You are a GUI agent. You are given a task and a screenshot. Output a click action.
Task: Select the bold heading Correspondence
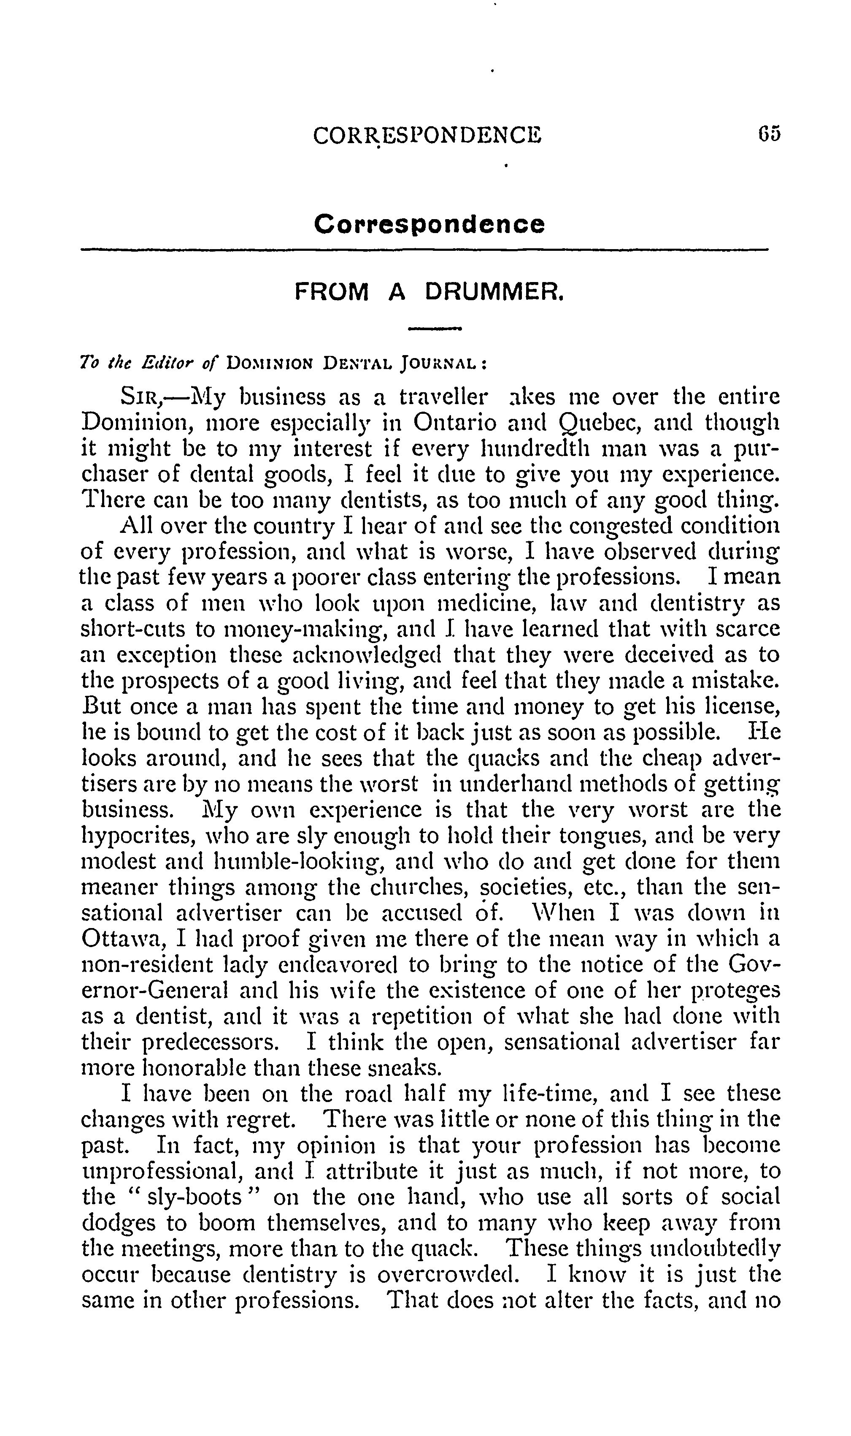point(429,224)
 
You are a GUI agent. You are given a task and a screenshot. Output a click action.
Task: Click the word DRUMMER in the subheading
point(494,293)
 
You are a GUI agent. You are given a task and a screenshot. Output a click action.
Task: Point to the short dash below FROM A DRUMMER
point(434,329)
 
